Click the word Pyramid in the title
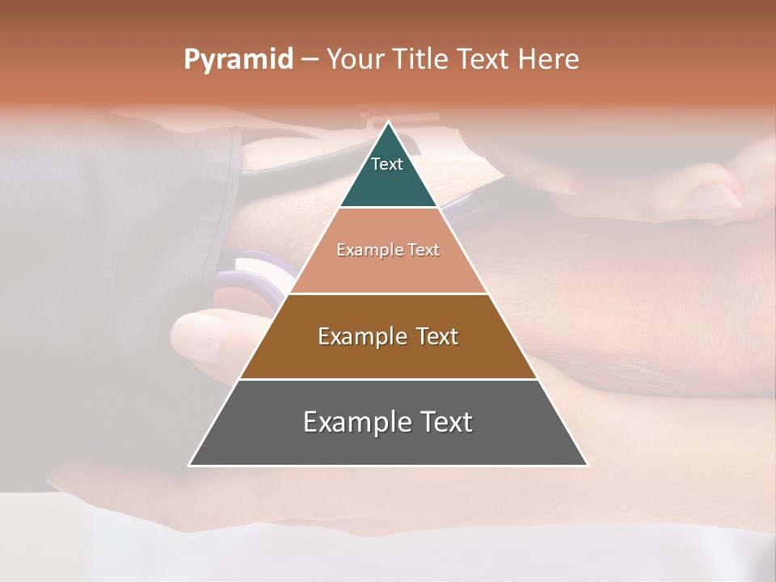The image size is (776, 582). pos(238,59)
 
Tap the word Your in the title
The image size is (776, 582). pos(355,59)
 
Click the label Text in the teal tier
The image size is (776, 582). pos(387,164)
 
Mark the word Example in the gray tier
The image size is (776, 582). pos(352,422)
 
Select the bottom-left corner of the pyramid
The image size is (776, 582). pos(189,465)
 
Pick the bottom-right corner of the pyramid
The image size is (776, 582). pos(588,465)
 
